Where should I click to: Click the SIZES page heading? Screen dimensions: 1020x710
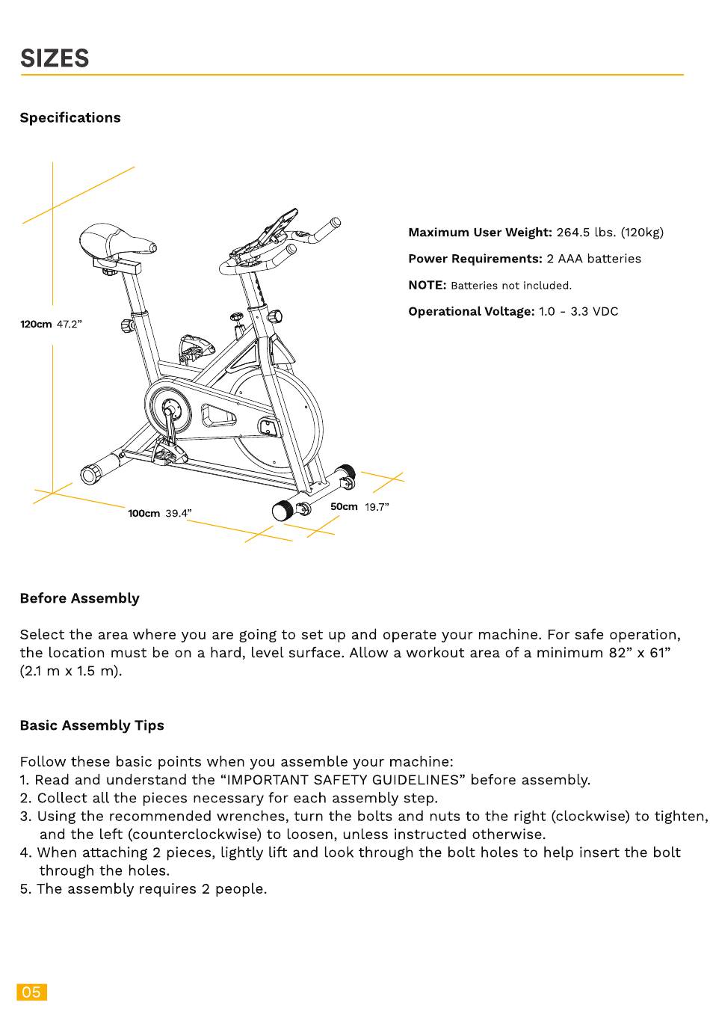pos(55,58)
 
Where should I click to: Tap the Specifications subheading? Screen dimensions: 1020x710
pos(70,117)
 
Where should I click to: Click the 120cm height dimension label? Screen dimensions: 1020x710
pos(36,325)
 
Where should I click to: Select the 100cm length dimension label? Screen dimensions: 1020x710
pos(143,514)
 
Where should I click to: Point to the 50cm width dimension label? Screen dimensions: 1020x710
pos(344,507)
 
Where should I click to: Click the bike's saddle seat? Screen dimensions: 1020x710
pos(116,242)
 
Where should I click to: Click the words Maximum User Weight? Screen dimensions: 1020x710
pos(479,233)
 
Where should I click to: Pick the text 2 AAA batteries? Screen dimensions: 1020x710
pos(593,259)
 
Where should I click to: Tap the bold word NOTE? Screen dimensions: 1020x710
pos(427,285)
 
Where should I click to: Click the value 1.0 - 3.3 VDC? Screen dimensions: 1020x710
pos(578,311)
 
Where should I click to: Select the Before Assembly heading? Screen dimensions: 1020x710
pos(79,598)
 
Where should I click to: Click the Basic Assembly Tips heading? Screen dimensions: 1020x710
pos(92,725)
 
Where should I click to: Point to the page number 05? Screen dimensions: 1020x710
pos(31,992)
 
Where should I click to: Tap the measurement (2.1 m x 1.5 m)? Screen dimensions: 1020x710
pos(71,671)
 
